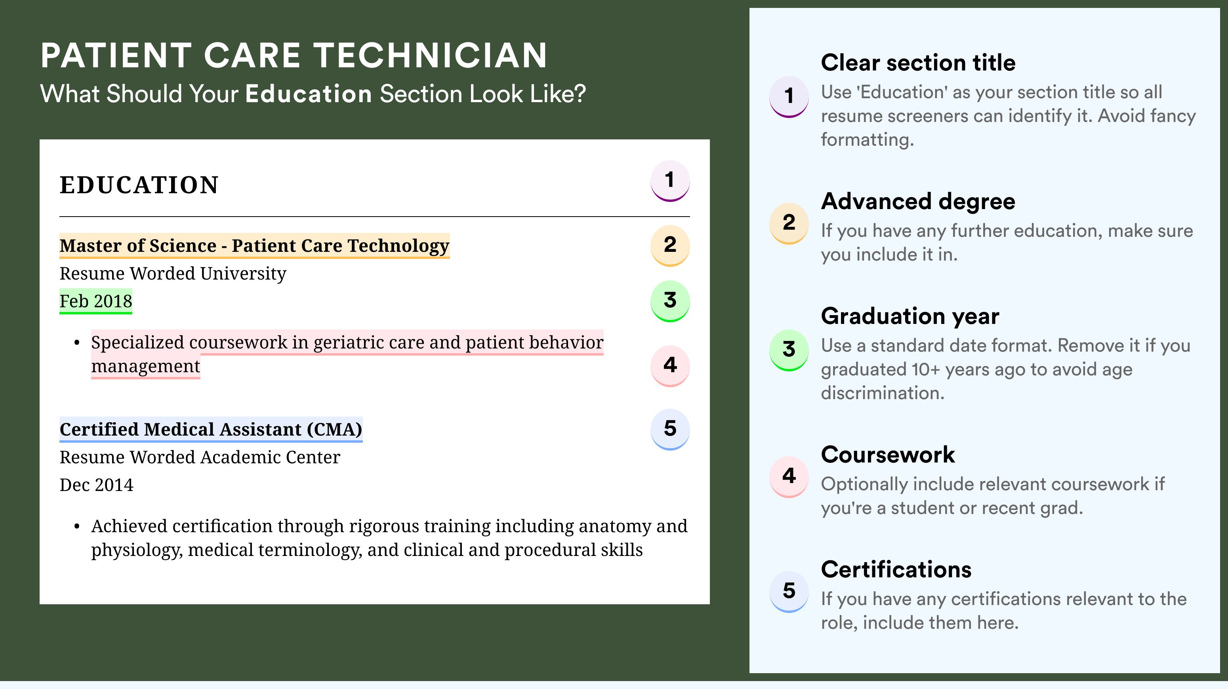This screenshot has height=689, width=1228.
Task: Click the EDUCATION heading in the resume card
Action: [139, 185]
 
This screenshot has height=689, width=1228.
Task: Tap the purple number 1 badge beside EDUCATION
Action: [670, 181]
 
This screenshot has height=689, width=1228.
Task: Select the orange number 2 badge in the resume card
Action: [670, 246]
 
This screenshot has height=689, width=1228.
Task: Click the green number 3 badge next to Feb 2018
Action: [670, 301]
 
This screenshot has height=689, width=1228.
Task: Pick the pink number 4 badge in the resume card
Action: [670, 366]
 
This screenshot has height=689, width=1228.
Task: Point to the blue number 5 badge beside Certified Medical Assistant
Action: [670, 429]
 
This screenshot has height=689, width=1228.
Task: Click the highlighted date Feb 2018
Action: [96, 301]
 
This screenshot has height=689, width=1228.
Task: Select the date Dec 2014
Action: [96, 485]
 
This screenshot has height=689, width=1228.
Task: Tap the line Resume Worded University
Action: [173, 274]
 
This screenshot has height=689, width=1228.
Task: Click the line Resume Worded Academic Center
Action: [200, 457]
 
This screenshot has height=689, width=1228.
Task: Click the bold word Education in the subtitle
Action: [309, 93]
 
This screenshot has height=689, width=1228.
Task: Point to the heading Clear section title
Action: [918, 63]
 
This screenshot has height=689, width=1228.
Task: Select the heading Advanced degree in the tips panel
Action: [918, 202]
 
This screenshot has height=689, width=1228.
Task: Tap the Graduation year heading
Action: [910, 316]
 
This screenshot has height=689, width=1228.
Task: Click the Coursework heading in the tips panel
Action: [888, 455]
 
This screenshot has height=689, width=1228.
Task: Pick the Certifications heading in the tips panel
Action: [896, 569]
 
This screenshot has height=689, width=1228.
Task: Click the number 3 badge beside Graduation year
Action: [789, 350]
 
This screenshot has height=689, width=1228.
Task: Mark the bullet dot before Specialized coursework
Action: [77, 343]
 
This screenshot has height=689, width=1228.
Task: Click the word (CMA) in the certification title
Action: [334, 429]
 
